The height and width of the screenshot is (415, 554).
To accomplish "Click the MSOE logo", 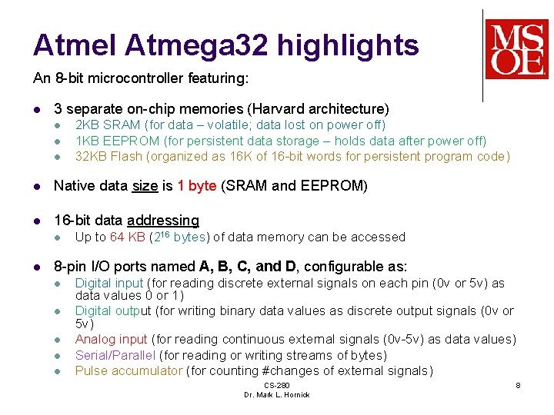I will tap(516, 48).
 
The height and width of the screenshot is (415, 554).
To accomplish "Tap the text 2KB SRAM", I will tap(108, 124).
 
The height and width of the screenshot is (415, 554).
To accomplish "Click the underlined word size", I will tap(145, 186).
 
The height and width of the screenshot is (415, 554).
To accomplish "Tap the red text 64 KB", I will tap(128, 237).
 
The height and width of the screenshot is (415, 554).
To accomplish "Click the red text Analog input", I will tap(112, 339).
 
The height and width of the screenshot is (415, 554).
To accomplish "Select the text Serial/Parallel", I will tap(115, 355).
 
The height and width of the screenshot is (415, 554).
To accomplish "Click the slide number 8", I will tap(518, 384).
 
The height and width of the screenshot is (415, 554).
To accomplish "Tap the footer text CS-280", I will tap(276, 385).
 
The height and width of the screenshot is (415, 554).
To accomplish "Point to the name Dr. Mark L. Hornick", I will tap(276, 394).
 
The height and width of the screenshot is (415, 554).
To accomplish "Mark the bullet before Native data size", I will tap(38, 186).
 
